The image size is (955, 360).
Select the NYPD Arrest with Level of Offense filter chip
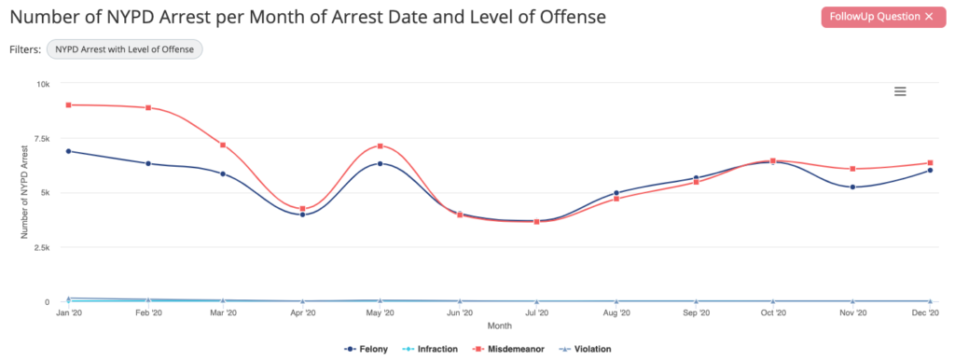click(x=124, y=49)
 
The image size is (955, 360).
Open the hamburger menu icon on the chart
click(x=900, y=91)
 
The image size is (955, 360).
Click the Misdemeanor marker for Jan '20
click(x=68, y=104)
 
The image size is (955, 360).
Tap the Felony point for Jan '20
click(x=68, y=151)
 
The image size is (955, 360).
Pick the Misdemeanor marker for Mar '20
click(x=223, y=145)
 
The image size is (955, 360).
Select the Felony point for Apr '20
click(x=302, y=215)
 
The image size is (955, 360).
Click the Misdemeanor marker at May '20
click(x=381, y=146)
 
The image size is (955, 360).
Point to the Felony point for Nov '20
click(x=853, y=187)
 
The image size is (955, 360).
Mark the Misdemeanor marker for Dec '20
click(x=931, y=163)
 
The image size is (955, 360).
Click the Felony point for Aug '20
click(x=616, y=193)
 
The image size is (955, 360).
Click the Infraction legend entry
click(x=432, y=349)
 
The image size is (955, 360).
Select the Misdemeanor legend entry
click(x=506, y=349)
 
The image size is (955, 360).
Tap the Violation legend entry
click(x=585, y=349)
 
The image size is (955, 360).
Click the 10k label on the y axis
click(x=43, y=83)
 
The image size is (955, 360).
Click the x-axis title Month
click(x=499, y=326)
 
